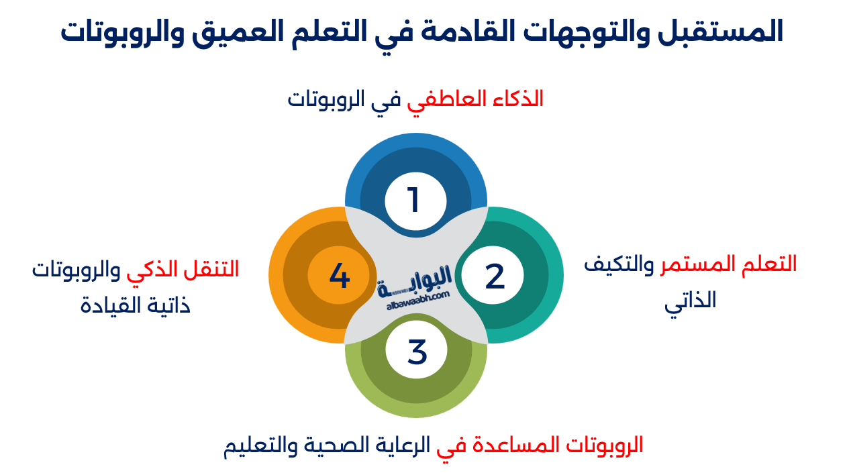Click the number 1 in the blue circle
point(413,200)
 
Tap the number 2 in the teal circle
point(495,276)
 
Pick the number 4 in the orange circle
point(340,276)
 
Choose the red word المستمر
point(691,264)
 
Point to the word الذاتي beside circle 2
point(691,301)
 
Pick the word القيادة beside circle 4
point(106,306)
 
